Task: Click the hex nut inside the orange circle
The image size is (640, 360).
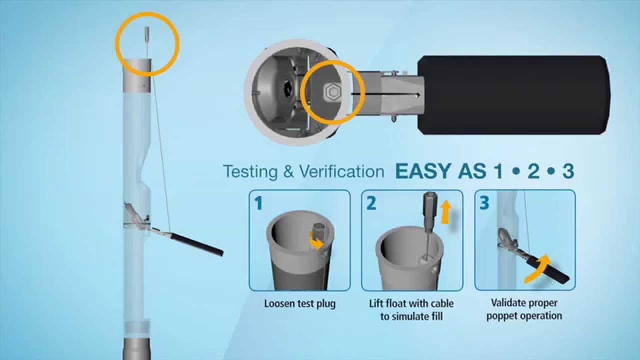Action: pos(332,92)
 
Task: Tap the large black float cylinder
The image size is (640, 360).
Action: pos(513,95)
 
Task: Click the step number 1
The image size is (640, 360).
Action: pos(258,203)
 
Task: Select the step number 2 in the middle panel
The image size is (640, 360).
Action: pos(371,203)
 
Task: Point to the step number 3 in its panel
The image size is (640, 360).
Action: pos(484,203)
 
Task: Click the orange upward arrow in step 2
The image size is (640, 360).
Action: pos(445,211)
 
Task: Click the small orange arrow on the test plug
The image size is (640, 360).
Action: pos(316,241)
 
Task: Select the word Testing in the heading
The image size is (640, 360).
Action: pos(250,171)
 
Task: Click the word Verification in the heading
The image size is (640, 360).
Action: pos(341,171)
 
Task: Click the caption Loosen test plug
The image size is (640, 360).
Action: pos(299,303)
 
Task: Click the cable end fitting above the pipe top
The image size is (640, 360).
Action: pos(147,34)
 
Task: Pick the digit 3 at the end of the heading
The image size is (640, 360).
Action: pos(568,171)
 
